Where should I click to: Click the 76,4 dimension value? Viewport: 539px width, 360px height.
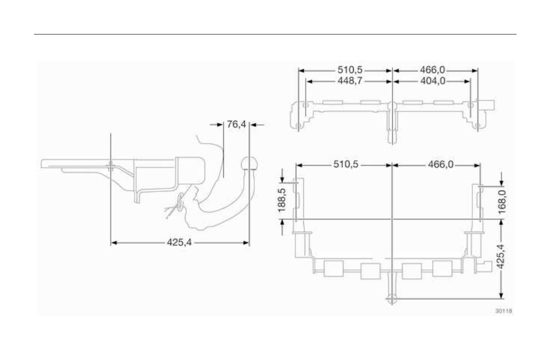click(x=237, y=124)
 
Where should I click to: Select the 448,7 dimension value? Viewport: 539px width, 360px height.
click(x=350, y=81)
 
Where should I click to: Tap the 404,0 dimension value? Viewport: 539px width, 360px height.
click(x=433, y=81)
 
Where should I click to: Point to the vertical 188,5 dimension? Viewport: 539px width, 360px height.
click(x=282, y=200)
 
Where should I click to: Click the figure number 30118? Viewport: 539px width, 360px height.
click(x=503, y=311)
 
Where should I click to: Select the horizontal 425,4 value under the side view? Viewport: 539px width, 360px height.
click(x=179, y=242)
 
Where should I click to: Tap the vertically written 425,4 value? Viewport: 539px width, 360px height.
click(x=501, y=256)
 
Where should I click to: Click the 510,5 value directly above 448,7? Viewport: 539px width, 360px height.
click(x=350, y=70)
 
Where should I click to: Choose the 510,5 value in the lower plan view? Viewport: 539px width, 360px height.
click(x=346, y=164)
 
